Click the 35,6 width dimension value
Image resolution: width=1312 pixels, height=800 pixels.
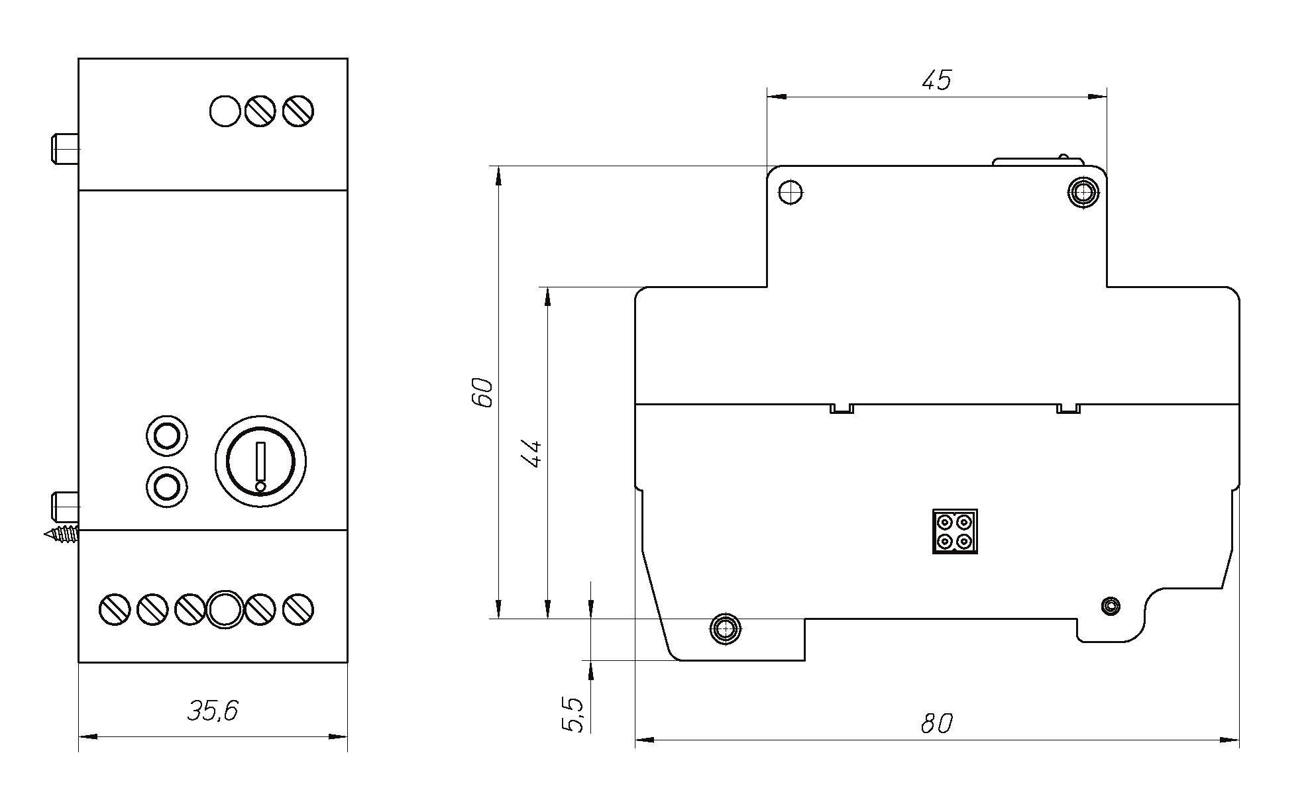[213, 711]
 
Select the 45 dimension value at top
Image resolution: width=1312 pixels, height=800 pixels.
[936, 80]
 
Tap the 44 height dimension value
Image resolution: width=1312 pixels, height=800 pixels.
[532, 454]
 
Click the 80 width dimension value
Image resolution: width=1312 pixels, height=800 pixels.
[936, 724]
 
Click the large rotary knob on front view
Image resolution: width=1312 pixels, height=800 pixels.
[260, 462]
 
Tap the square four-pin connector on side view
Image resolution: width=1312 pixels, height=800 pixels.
[955, 531]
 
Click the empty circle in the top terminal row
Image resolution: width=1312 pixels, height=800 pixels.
[225, 111]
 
